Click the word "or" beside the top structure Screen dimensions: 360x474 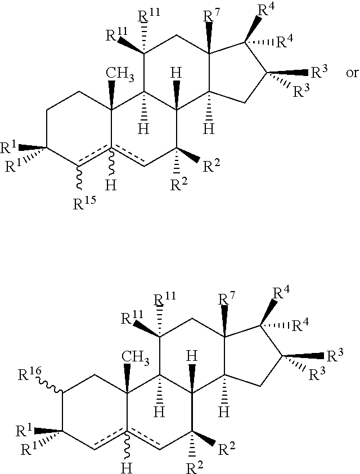coord(352,73)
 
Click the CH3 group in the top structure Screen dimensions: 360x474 coord(120,75)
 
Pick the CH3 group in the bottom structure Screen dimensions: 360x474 coord(136,358)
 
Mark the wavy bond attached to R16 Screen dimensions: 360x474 coord(51,387)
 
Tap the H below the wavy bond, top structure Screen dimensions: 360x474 coord(111,185)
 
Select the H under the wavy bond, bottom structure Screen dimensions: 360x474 coord(127,468)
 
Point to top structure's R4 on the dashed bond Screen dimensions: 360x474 coord(285,42)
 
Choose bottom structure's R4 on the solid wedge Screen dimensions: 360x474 coord(281,292)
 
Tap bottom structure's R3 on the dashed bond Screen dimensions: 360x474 coord(317,374)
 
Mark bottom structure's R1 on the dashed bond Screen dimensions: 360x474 coord(28,449)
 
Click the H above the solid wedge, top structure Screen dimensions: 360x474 coord(176,73)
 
